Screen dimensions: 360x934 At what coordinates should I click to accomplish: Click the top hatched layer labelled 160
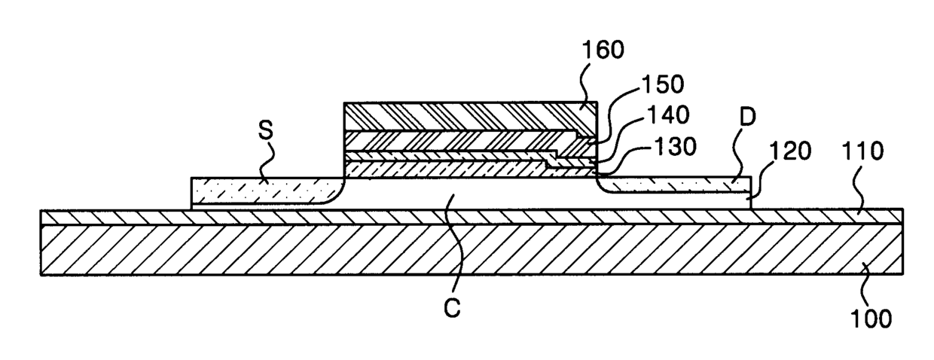pyautogui.click(x=467, y=116)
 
